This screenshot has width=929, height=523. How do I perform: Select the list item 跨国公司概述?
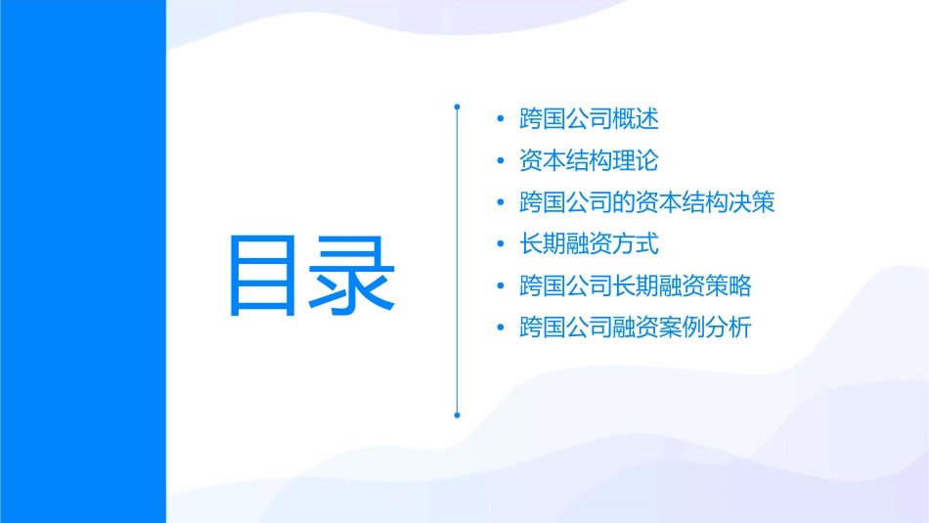pyautogui.click(x=589, y=119)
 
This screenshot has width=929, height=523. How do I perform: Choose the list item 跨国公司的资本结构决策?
pyautogui.click(x=647, y=203)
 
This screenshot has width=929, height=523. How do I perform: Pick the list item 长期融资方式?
pyautogui.click(x=589, y=244)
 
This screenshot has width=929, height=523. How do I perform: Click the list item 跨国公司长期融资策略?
pyautogui.click(x=636, y=286)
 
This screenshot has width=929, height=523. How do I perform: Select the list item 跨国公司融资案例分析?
pyautogui.click(x=636, y=327)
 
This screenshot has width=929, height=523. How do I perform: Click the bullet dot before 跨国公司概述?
pyautogui.click(x=501, y=120)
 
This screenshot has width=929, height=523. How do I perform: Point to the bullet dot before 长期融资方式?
pyautogui.click(x=501, y=245)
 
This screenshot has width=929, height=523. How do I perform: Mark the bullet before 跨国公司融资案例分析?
pyautogui.click(x=501, y=328)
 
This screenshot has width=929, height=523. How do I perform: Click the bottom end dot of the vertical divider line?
pyautogui.click(x=457, y=414)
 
